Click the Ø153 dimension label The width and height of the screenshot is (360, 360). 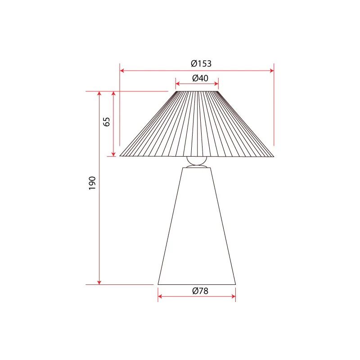click(x=201, y=63)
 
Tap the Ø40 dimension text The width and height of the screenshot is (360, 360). click(x=200, y=78)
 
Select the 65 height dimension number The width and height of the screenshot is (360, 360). click(x=107, y=121)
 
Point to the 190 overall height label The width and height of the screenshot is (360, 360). click(x=92, y=183)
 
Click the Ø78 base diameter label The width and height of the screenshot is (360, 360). click(x=200, y=291)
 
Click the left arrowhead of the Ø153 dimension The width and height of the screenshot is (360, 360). click(x=122, y=71)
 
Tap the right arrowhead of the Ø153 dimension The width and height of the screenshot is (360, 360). click(x=272, y=71)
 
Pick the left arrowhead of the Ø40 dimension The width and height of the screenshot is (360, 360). click(x=177, y=84)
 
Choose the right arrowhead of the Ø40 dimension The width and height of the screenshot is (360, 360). click(x=216, y=84)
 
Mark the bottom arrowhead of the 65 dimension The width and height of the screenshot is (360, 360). click(x=113, y=154)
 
